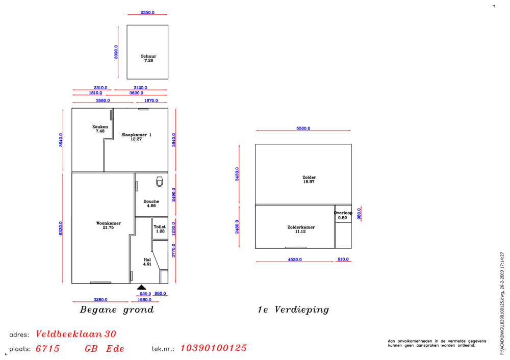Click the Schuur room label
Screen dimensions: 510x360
pyautogui.click(x=148, y=56)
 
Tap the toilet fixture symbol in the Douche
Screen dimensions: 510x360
pyautogui.click(x=159, y=182)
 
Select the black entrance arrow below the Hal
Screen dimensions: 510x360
pyautogui.click(x=141, y=287)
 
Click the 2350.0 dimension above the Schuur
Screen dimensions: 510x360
pyautogui.click(x=147, y=12)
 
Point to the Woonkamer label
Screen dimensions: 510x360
pyautogui.click(x=108, y=223)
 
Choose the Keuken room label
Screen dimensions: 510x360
pyautogui.click(x=100, y=127)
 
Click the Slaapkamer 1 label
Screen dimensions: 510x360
pyautogui.click(x=136, y=135)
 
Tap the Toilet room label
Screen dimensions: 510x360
pyautogui.click(x=160, y=227)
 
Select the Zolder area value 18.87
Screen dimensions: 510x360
pyautogui.click(x=309, y=182)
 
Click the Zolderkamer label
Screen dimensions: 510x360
pyautogui.click(x=301, y=227)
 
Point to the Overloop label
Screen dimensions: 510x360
pyautogui.click(x=343, y=213)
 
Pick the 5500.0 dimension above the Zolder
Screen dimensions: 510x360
pyautogui.click(x=303, y=128)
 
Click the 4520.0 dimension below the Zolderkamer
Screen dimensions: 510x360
pyautogui.click(x=295, y=260)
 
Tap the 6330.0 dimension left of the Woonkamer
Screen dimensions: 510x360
pyautogui.click(x=61, y=228)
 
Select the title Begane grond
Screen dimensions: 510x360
pyautogui.click(x=117, y=310)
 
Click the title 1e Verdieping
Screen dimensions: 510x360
pyautogui.click(x=293, y=310)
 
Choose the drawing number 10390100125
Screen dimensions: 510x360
pyautogui.click(x=213, y=348)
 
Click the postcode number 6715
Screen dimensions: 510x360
pyautogui.click(x=47, y=349)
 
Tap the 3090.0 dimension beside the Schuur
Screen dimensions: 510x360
pyautogui.click(x=116, y=52)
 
